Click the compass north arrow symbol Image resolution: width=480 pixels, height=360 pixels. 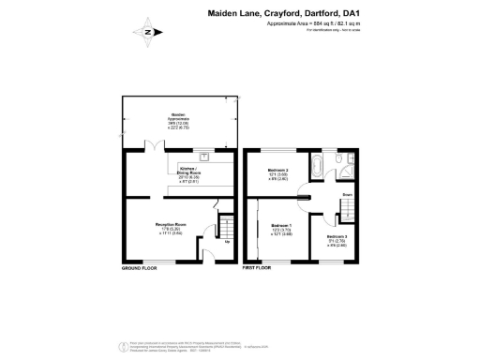pos(148,32)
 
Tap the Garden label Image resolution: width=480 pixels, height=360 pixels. pos(178,117)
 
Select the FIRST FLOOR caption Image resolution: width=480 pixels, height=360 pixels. pos(256,268)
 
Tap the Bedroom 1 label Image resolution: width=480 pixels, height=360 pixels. pos(280,228)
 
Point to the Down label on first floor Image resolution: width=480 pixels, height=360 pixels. pos(346,195)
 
